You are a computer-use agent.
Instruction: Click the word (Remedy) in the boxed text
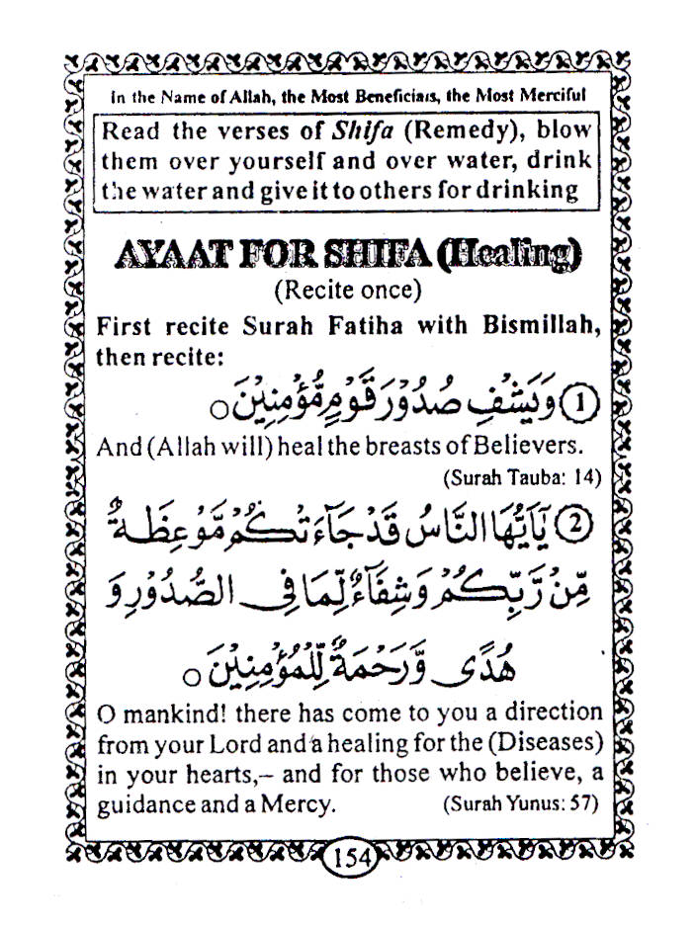pyautogui.click(x=435, y=131)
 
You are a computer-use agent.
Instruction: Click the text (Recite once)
pyautogui.click(x=347, y=291)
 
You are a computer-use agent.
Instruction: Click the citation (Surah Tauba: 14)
pyautogui.click(x=522, y=477)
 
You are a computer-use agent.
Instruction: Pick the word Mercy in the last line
pyautogui.click(x=301, y=803)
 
